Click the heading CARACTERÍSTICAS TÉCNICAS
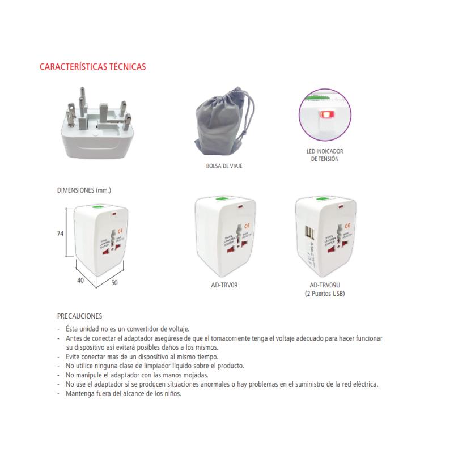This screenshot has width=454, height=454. (92, 67)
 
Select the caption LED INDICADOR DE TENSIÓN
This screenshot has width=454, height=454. (325, 155)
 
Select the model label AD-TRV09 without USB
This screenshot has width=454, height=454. (224, 286)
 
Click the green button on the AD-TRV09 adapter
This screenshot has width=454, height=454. (220, 200)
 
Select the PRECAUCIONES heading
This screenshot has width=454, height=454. (79, 316)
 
